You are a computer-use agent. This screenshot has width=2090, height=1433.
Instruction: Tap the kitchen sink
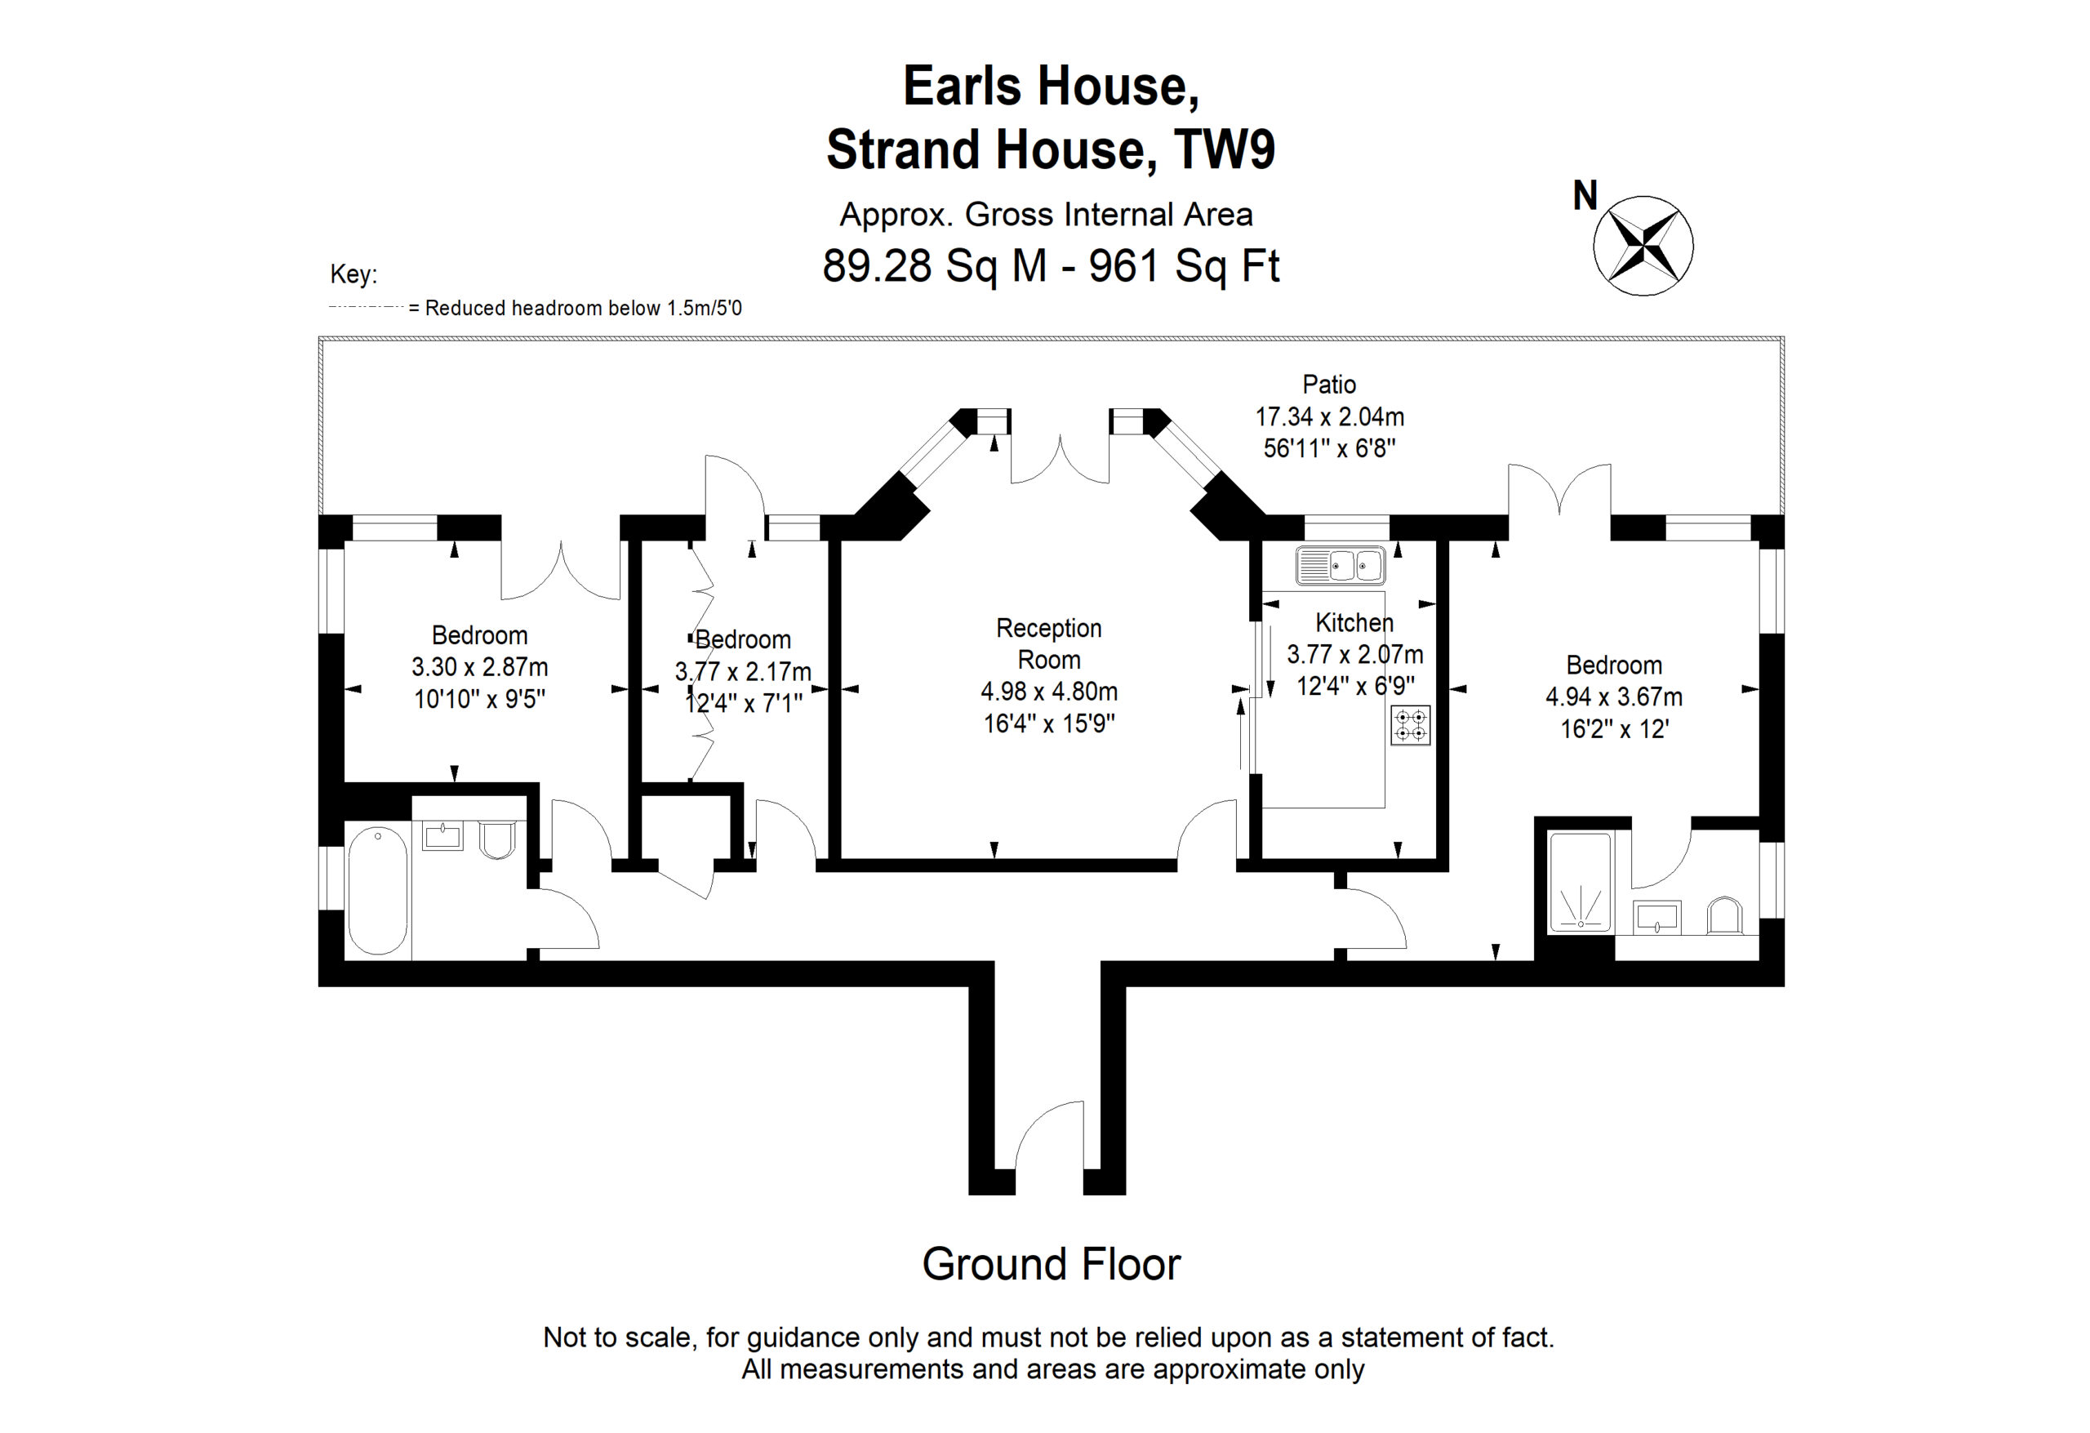tap(1340, 566)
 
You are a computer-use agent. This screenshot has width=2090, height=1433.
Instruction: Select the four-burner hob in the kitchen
tap(1410, 725)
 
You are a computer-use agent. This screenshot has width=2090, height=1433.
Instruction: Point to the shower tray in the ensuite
tap(1580, 883)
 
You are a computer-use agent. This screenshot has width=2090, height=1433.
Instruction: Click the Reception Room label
tap(1048, 643)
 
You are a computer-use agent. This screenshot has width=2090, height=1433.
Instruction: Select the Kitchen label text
tap(1354, 622)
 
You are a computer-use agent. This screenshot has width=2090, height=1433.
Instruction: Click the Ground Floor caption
tap(1051, 1264)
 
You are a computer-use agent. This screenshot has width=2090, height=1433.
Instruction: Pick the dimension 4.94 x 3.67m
tap(1613, 696)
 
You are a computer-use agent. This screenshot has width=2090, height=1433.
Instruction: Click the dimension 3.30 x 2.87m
tap(479, 666)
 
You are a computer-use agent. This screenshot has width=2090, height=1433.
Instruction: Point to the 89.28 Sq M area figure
tap(935, 265)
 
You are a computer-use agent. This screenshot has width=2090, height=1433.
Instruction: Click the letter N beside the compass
tap(1585, 195)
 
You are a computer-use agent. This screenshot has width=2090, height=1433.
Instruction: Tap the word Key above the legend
tap(354, 274)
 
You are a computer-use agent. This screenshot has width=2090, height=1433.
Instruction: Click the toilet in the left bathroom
tap(497, 839)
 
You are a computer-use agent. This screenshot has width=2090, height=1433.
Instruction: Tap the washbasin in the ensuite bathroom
tap(1656, 917)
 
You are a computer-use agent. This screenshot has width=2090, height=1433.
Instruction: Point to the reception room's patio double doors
tap(1060, 459)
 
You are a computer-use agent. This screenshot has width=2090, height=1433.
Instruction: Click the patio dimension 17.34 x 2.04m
tap(1329, 416)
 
